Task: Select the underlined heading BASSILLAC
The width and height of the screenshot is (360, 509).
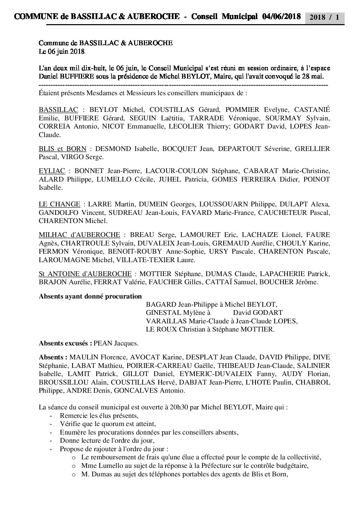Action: pyautogui.click(x=58, y=110)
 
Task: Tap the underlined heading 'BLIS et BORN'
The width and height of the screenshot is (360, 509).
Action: pyautogui.click(x=63, y=149)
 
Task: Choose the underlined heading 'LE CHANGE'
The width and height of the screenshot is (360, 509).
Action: pyautogui.click(x=60, y=204)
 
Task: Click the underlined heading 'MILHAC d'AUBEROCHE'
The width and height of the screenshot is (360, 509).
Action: pyautogui.click(x=79, y=235)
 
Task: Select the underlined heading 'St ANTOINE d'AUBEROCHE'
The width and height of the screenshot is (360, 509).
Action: pyautogui.click(x=85, y=274)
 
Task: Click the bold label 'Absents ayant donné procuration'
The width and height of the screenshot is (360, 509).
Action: pyautogui.click(x=90, y=296)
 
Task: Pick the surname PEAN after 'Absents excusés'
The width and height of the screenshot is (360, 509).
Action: pyautogui.click(x=102, y=343)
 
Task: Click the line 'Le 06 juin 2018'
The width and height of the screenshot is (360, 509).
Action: pyautogui.click(x=62, y=52)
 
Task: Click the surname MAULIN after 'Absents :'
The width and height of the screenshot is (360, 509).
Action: pyautogui.click(x=84, y=357)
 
